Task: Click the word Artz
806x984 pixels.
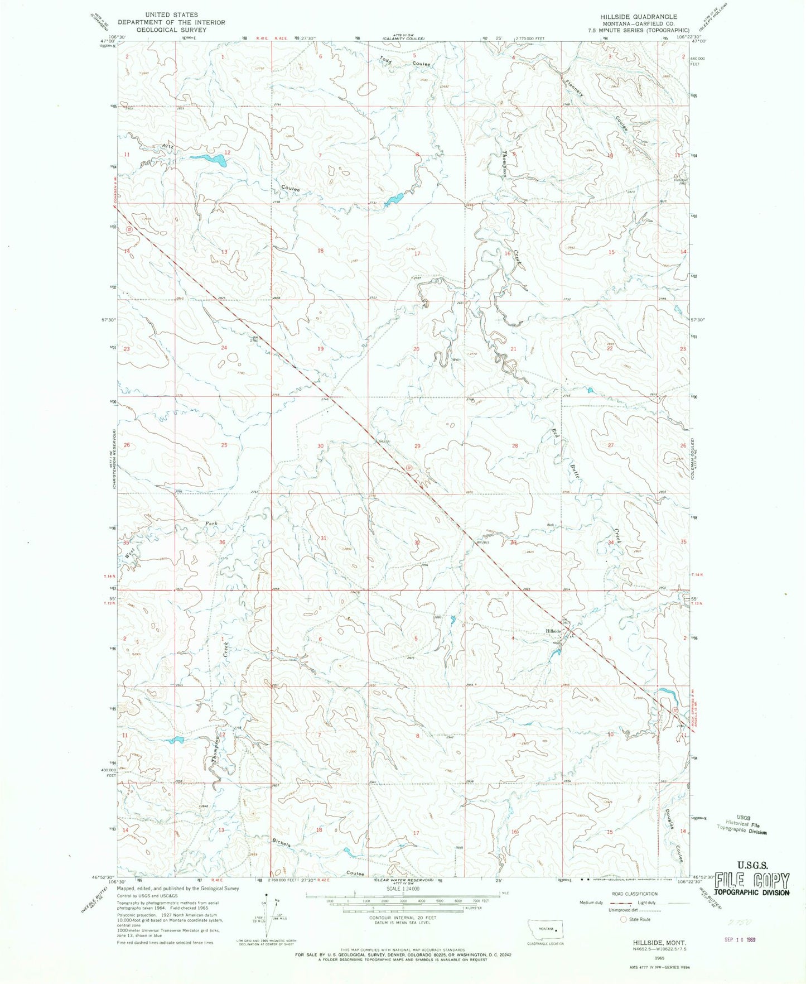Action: click(168, 147)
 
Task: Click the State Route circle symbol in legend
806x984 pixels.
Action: click(623, 919)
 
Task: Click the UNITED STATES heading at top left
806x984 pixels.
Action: click(171, 15)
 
